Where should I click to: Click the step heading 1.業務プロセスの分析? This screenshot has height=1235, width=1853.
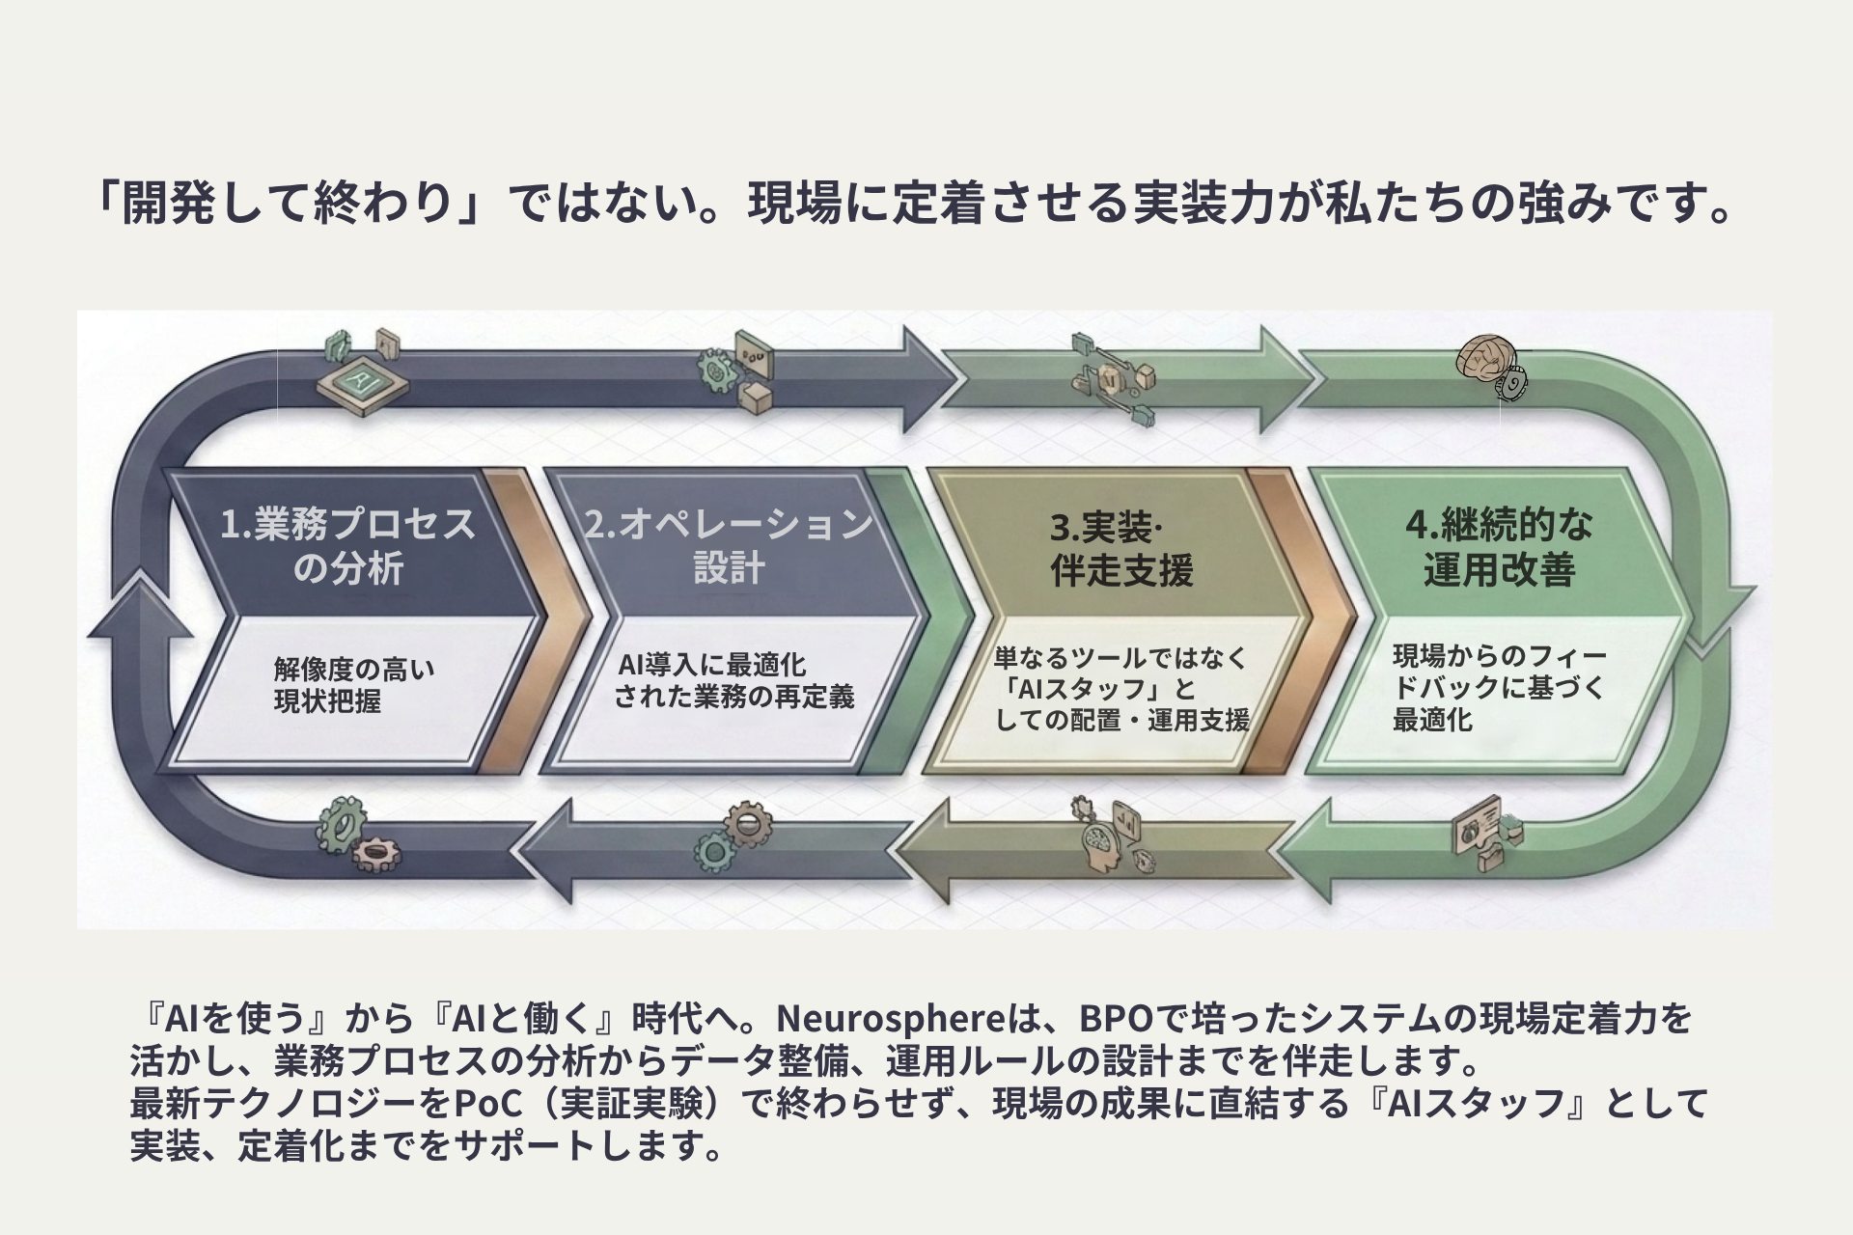coord(348,546)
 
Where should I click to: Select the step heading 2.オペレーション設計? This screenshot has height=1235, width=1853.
coord(729,546)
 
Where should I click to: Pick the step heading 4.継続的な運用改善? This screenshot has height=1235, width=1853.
coord(1499,547)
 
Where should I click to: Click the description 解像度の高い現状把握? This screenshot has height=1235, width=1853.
coord(353,685)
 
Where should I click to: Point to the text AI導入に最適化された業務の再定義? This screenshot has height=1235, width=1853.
coord(733,681)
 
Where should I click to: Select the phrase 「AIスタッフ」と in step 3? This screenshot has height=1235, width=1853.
coord(1098,689)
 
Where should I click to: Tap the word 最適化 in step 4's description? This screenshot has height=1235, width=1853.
coord(1432,720)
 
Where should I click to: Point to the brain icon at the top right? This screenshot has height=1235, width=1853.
coord(1484,360)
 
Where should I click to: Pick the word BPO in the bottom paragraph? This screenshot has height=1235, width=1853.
coord(1115,1019)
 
